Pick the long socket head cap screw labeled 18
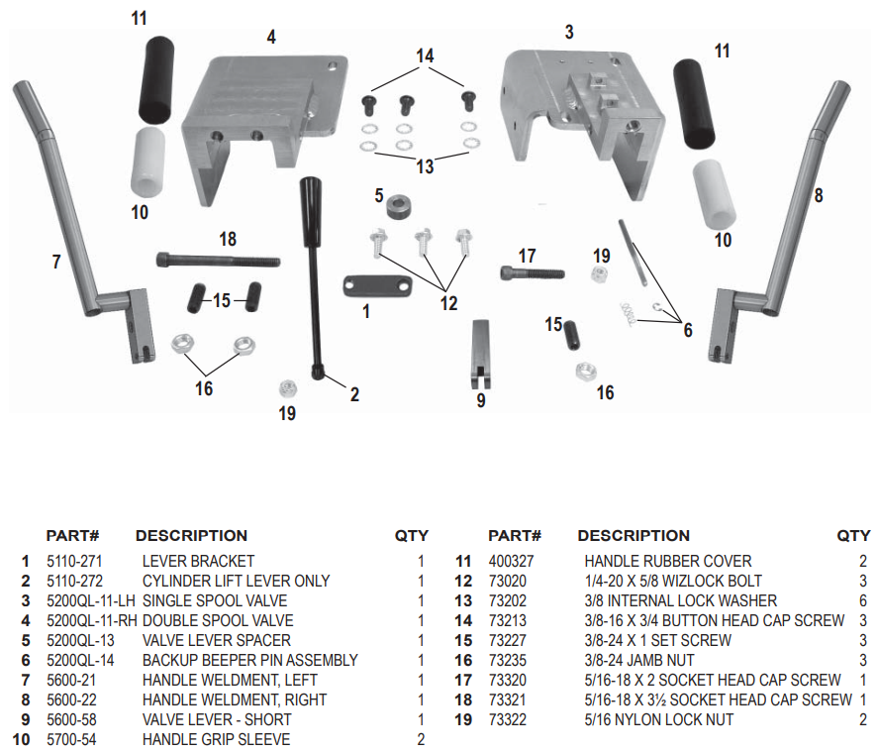pos(218,261)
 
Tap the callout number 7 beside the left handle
pos(56,262)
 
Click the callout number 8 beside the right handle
pos(818,195)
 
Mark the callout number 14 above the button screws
pos(425,56)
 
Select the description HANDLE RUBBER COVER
pos(668,561)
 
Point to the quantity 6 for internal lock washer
pos(862,600)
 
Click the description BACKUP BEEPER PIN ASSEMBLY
pos(249,660)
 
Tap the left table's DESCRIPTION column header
pos(191,536)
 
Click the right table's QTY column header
pos(853,536)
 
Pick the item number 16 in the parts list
pos(462,660)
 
